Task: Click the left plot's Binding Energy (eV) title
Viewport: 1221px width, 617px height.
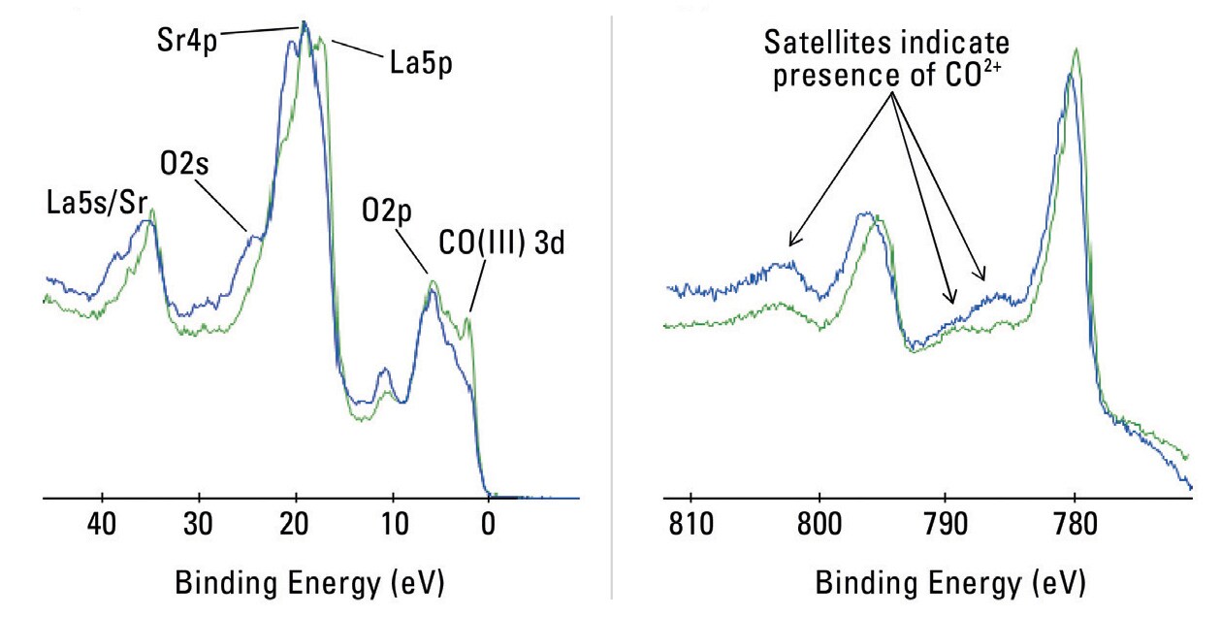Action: [308, 582]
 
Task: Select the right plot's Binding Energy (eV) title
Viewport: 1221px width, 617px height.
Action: [949, 582]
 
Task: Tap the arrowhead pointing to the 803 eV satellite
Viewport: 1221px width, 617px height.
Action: [791, 243]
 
